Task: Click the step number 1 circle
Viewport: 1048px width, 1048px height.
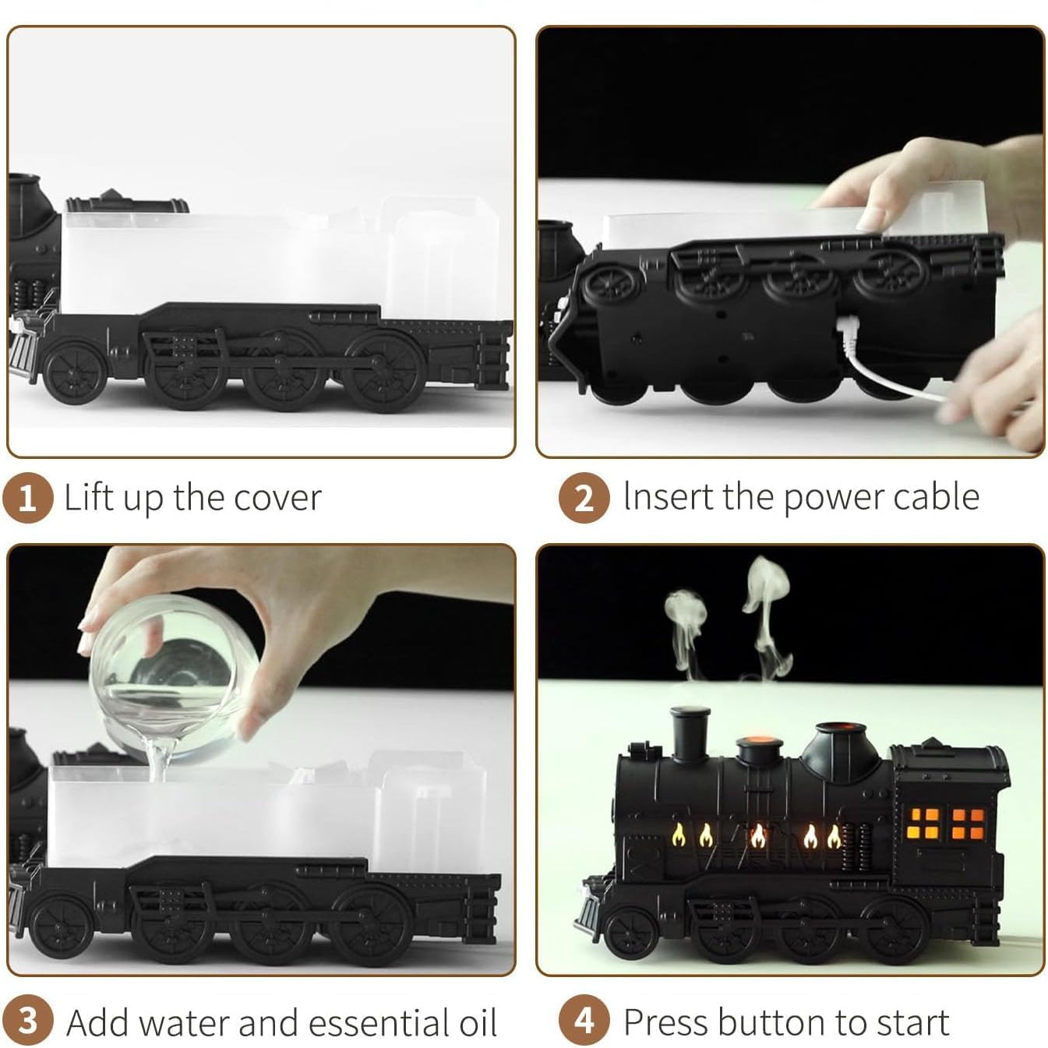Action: (x=27, y=497)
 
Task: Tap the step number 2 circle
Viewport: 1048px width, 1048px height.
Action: (x=584, y=497)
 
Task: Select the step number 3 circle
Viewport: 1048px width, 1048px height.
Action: (x=27, y=1021)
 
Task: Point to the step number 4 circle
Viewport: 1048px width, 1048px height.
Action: (x=584, y=1021)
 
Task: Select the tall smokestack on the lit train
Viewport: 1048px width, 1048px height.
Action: (x=690, y=732)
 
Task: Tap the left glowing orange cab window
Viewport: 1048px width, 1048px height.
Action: (x=925, y=824)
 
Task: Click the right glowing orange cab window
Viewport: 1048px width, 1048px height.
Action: (x=968, y=824)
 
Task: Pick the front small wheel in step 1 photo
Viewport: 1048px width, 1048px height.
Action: (x=75, y=372)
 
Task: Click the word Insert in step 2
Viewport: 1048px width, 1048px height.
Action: (x=666, y=497)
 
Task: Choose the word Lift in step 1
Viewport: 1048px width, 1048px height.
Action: (x=87, y=497)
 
